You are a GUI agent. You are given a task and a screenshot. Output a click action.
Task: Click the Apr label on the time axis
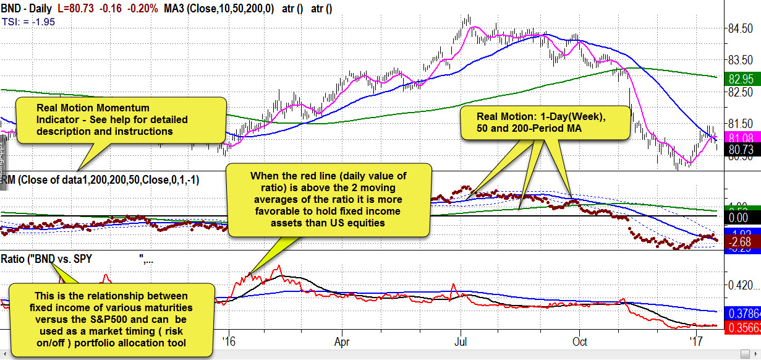[x=341, y=341]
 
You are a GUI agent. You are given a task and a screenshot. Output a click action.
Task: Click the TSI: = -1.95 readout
[x=28, y=21]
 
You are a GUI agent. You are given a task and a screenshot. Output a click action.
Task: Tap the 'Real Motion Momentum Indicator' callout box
[x=120, y=119]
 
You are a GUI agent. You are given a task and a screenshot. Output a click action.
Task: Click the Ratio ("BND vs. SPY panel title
[x=46, y=259]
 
